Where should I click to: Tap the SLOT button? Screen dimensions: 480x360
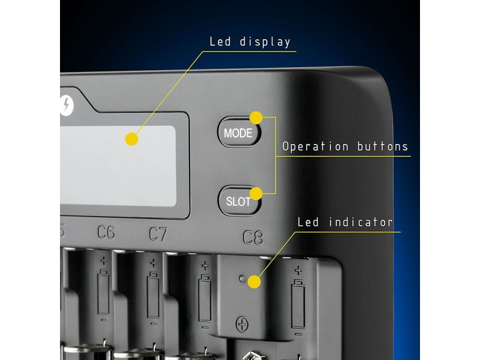(x=239, y=201)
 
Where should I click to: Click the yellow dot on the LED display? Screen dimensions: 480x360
(x=131, y=139)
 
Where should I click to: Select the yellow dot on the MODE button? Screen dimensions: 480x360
(x=256, y=118)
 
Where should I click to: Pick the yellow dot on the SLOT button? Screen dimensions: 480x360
(x=256, y=194)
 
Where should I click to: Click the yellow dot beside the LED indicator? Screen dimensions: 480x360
(x=254, y=281)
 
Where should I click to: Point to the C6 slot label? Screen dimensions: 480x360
(x=106, y=232)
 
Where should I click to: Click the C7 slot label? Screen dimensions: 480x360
(x=158, y=234)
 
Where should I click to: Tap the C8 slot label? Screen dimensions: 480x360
(x=253, y=237)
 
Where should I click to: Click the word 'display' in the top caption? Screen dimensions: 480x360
(x=265, y=41)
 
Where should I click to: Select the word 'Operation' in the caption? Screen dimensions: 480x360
(x=316, y=146)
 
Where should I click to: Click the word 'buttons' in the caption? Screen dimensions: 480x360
(x=383, y=146)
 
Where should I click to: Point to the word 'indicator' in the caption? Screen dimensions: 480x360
(x=361, y=222)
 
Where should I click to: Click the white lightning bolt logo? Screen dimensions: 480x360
(x=66, y=106)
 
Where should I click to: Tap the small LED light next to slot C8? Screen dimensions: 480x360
(x=242, y=278)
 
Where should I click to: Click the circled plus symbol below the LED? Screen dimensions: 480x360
(x=242, y=325)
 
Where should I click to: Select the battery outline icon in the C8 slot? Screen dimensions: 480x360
(x=298, y=304)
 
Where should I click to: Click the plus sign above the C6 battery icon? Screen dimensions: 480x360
(x=104, y=261)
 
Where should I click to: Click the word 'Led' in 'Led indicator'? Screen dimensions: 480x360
(x=308, y=222)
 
